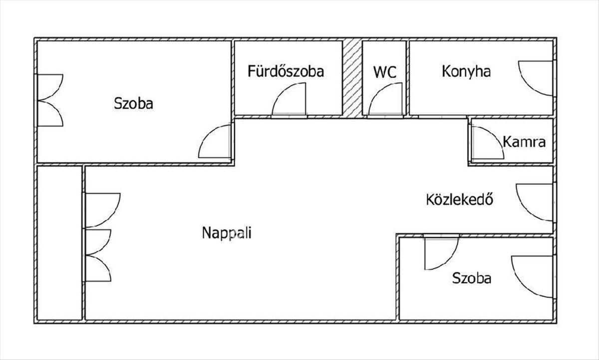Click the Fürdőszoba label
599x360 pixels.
[286, 71]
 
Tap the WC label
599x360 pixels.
[385, 72]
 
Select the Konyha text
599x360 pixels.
[466, 71]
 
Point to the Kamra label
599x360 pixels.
[524, 142]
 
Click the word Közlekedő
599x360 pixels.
[460, 199]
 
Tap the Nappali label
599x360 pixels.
[227, 233]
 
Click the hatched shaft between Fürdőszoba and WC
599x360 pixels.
[352, 78]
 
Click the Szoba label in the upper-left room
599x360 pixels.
[133, 103]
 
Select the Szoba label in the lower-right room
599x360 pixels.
[472, 278]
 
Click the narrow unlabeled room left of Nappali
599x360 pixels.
[59, 243]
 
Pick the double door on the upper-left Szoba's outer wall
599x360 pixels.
[50, 100]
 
